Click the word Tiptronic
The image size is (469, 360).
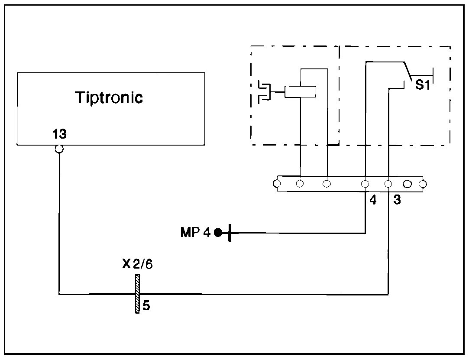[x=109, y=97]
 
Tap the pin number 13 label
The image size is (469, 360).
[x=59, y=134]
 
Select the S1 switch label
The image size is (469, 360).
[x=422, y=85]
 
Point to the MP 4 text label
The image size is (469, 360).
[x=195, y=233]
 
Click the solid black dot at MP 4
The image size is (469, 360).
[x=218, y=233]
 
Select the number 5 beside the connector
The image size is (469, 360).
[x=146, y=306]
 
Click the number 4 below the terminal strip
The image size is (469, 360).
[x=373, y=201]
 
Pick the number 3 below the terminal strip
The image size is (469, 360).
[x=397, y=201]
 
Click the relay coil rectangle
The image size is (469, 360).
[x=300, y=92]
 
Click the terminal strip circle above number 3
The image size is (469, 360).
[x=388, y=184]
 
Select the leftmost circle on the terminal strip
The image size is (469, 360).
[x=277, y=184]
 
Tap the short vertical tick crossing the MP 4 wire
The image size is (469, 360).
[x=229, y=233]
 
